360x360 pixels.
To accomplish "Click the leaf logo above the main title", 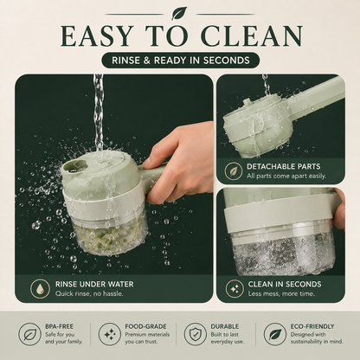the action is [179, 13].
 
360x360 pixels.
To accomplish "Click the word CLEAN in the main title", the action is [252, 36].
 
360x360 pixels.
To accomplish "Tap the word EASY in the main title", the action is [97, 36].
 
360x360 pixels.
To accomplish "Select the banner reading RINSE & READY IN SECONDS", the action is [181, 61].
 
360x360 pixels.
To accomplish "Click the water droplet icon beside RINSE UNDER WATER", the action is [41, 288].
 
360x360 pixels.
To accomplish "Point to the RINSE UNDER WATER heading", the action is [94, 284].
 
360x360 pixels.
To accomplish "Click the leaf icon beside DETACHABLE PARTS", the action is [234, 170].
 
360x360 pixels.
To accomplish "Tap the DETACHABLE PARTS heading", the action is [283, 166].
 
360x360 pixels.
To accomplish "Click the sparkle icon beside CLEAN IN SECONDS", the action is [235, 288].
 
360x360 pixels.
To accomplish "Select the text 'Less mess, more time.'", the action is [281, 293].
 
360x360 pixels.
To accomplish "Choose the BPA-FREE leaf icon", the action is [29, 334].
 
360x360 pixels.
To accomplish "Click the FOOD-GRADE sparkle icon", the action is [109, 334].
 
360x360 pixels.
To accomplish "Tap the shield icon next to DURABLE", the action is [196, 334].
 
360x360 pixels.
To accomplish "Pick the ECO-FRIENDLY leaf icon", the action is [275, 334].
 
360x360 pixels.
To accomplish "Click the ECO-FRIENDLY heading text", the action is [312, 326].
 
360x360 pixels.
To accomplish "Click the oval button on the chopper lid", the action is [74, 166].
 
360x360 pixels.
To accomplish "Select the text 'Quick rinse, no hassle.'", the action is [89, 293].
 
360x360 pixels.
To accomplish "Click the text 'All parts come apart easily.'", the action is [286, 176].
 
